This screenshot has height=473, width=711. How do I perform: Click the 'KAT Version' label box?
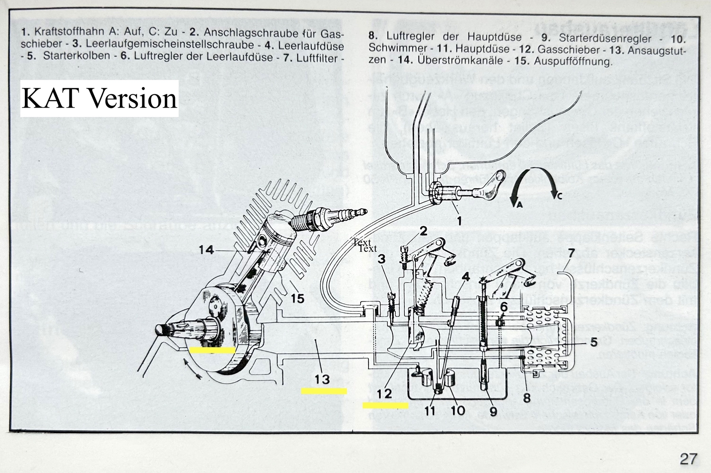click(x=99, y=99)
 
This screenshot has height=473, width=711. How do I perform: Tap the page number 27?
click(x=688, y=459)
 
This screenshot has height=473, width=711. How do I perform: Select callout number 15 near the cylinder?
click(x=298, y=298)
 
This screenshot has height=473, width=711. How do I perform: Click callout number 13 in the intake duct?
click(x=322, y=379)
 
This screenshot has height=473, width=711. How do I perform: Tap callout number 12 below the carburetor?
click(x=384, y=393)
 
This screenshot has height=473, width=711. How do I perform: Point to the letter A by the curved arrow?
click(x=519, y=205)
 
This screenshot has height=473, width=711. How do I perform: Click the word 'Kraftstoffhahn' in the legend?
click(x=70, y=32)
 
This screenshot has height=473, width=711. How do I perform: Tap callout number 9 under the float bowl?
click(x=493, y=411)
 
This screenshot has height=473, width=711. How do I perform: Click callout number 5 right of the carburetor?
click(x=594, y=343)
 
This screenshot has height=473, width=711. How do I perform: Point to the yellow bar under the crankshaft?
click(x=212, y=350)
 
